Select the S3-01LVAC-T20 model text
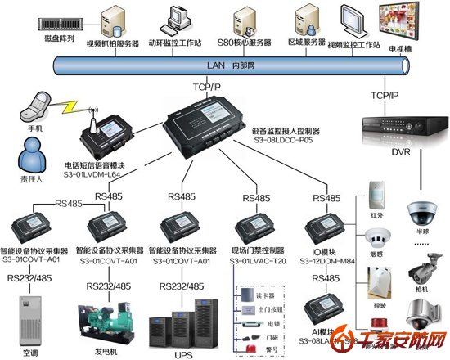click(x=259, y=260)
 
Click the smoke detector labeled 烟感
click(x=376, y=237)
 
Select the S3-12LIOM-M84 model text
click(x=329, y=260)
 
